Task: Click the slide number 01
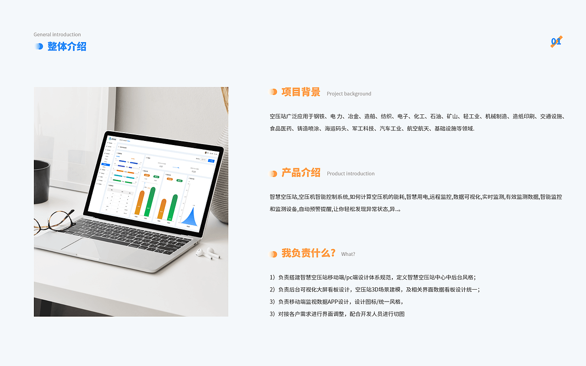(556, 42)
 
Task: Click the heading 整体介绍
(67, 47)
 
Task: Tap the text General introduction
(57, 35)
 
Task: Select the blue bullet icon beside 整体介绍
(39, 46)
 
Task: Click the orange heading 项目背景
(301, 92)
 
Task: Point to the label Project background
(349, 94)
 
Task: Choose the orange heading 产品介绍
(301, 172)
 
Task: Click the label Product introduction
(351, 174)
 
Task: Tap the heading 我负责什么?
(309, 253)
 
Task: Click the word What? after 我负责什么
(348, 254)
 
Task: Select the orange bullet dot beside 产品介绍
(273, 174)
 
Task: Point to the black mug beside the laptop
(42, 181)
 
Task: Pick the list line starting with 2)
(374, 290)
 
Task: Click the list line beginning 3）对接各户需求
(337, 314)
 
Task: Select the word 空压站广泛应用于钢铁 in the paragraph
(298, 117)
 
